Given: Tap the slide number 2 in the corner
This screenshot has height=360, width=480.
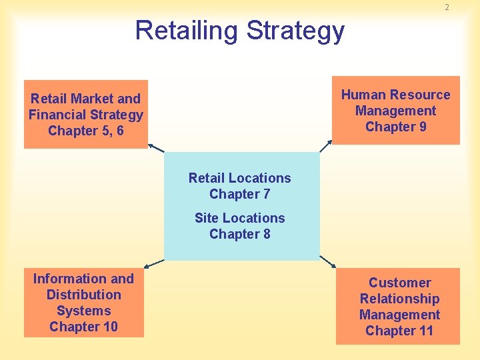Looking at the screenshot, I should click(447, 7).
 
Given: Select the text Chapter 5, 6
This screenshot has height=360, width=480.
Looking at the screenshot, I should click(85, 131).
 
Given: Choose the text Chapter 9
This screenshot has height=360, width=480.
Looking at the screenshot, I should click(395, 127).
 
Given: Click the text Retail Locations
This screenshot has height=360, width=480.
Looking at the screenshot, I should click(239, 178).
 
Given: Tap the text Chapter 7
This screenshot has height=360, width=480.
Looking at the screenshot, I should click(239, 194).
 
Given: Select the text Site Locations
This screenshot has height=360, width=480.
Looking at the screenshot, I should click(239, 218).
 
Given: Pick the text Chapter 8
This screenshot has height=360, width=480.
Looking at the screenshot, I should click(239, 234).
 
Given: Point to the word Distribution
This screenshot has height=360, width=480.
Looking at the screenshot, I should click(83, 295).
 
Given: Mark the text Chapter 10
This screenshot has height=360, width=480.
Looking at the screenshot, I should click(83, 327).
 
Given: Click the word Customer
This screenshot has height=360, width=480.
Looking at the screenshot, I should click(399, 283).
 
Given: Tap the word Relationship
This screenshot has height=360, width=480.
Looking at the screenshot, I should click(399, 299).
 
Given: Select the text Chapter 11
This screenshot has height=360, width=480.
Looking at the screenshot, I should click(399, 331).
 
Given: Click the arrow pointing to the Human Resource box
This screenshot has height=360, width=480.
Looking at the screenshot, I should click(326, 146).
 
